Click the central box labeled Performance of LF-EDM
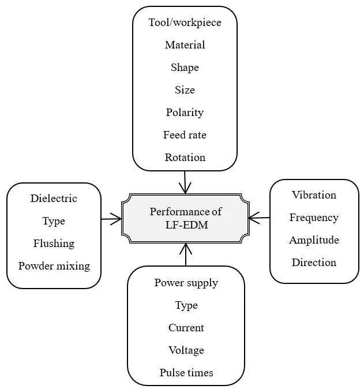pos(186,219)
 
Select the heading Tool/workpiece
pos(185,23)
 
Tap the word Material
pos(185,45)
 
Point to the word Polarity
pos(185,113)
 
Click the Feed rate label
pos(185,135)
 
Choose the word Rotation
pos(185,158)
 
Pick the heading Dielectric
pos(54,199)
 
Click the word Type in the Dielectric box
pos(54,221)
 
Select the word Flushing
pos(54,244)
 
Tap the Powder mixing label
pos(54,266)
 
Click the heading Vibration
pos(314,195)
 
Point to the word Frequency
pos(314,218)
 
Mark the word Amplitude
pos(314,240)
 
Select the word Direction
pos(314,263)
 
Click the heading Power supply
pos(186,283)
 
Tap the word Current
pos(186,328)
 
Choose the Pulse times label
pos(186,373)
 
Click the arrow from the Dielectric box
pos(111,219)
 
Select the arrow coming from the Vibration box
pos(260,218)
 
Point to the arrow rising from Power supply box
pos(186,255)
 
